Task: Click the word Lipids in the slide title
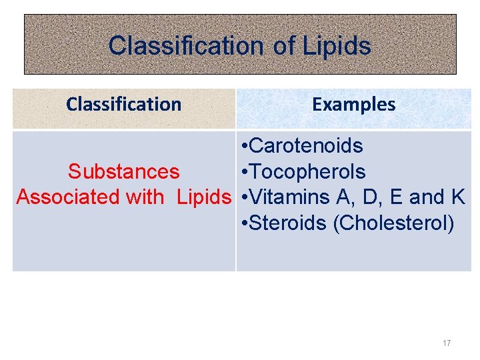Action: [337, 46]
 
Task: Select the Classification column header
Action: [124, 104]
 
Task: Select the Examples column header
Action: [353, 104]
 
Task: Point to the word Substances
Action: [123, 172]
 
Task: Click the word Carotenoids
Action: [307, 146]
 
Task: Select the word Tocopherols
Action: [308, 172]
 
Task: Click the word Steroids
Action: [288, 223]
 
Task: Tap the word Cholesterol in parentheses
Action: [394, 223]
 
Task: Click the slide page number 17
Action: [447, 343]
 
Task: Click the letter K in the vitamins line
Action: [458, 197]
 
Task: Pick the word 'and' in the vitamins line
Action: [427, 197]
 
